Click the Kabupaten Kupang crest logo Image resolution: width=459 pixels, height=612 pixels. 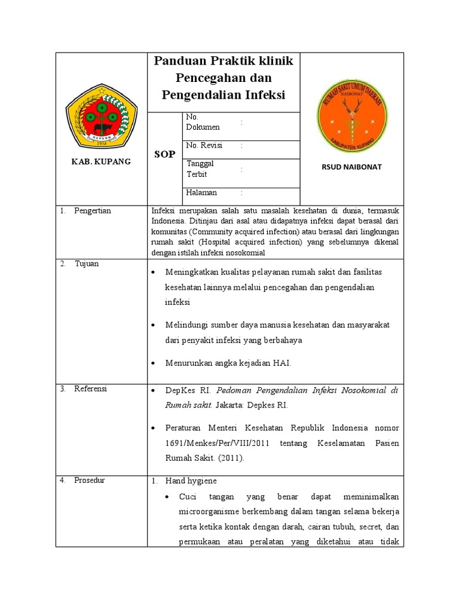(x=101, y=117)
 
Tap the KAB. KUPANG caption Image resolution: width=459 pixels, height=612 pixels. (x=101, y=162)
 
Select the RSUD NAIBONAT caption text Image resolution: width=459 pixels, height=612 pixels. (x=351, y=167)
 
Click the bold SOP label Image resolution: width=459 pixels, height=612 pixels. (x=164, y=154)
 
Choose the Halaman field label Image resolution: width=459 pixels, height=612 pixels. (x=201, y=192)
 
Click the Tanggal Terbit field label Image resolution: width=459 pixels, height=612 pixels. (x=200, y=167)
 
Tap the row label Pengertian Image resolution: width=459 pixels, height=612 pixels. (x=92, y=211)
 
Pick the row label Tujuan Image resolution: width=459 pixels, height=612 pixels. (x=87, y=264)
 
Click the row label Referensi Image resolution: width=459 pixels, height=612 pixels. (x=90, y=389)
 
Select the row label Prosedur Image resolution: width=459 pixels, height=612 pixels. (x=89, y=481)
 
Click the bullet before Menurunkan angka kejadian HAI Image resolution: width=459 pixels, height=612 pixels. (x=154, y=363)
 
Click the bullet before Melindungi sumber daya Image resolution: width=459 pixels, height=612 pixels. (x=154, y=325)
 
